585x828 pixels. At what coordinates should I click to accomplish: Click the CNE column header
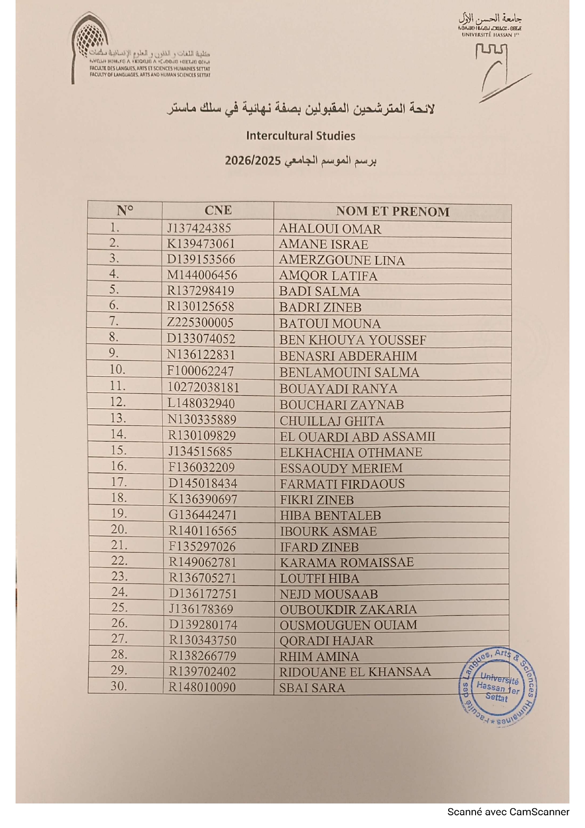218,210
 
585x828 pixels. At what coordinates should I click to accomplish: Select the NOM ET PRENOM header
393,211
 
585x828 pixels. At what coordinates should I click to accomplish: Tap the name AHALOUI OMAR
330,229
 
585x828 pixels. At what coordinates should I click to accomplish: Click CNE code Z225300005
200,323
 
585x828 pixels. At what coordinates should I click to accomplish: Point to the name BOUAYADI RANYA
338,389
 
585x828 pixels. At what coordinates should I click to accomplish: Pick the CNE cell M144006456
202,275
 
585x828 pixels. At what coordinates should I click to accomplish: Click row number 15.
118,451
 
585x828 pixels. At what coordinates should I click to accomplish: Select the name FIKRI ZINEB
317,500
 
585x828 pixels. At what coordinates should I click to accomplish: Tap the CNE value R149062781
202,562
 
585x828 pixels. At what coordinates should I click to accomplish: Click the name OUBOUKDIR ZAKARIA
348,610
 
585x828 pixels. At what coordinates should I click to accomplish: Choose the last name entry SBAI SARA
312,688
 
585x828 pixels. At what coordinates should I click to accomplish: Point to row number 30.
118,686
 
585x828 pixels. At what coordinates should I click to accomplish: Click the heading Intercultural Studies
301,136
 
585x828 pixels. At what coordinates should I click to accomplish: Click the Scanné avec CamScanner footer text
508,812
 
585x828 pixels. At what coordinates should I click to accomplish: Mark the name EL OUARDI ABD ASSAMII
357,436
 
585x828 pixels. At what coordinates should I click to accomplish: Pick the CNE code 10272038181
203,388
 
